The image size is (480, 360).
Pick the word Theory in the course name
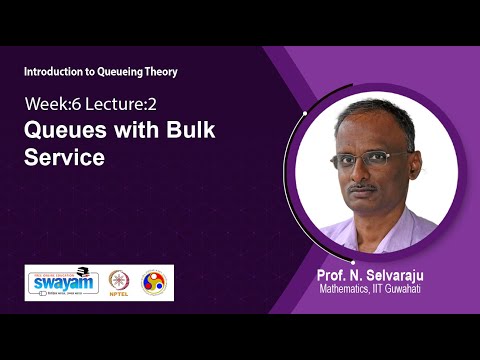[170, 71]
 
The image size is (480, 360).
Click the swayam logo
[62, 282]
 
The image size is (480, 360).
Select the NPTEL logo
[119, 283]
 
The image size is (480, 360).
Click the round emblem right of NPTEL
[154, 282]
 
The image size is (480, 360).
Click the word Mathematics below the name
[350, 290]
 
